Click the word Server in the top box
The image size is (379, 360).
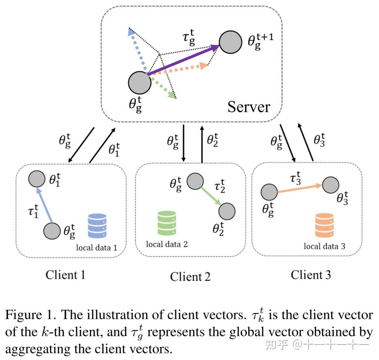click(x=249, y=107)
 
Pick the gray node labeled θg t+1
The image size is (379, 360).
click(x=230, y=42)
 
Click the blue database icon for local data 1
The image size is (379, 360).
click(x=97, y=226)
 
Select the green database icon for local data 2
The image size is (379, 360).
click(x=166, y=223)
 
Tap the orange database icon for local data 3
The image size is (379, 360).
click(x=324, y=225)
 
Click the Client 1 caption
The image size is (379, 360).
click(x=65, y=274)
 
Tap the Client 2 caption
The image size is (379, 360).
click(x=190, y=276)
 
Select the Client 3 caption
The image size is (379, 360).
click(x=311, y=274)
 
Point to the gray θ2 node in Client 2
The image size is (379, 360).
click(x=227, y=210)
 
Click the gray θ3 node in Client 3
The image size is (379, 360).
click(x=330, y=185)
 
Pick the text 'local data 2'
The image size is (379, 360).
click(x=167, y=244)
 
